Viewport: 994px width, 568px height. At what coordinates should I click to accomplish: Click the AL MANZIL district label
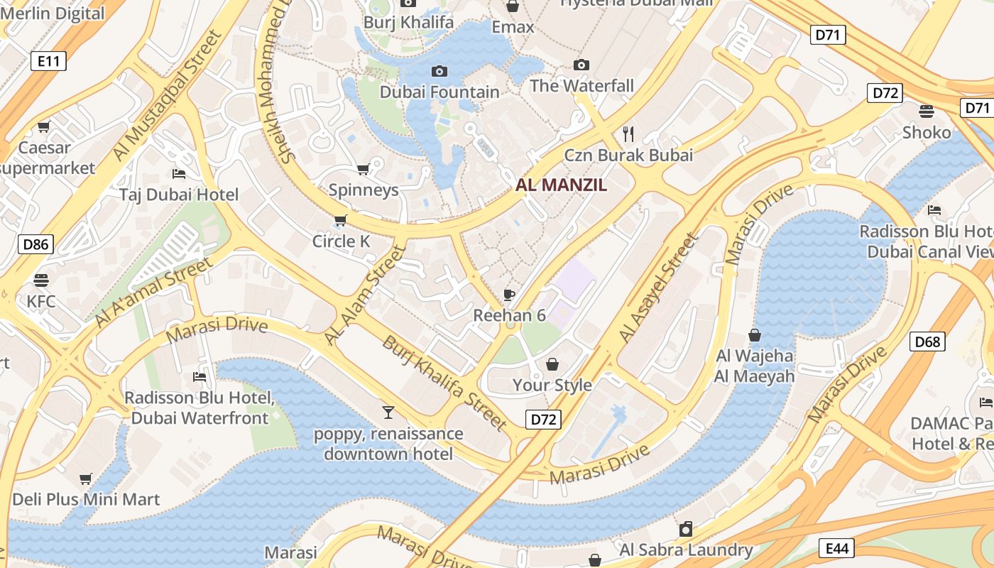(561, 185)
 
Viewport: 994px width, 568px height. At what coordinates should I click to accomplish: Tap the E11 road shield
(49, 61)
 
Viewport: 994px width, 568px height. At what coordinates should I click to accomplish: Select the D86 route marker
(35, 245)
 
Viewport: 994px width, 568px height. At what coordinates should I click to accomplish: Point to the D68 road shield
(927, 342)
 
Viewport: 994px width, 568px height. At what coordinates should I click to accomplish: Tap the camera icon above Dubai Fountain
(439, 71)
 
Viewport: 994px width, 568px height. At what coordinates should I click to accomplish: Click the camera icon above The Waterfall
(581, 65)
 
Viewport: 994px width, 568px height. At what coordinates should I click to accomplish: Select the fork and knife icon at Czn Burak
(628, 133)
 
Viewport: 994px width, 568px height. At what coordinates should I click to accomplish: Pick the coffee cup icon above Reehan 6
(508, 295)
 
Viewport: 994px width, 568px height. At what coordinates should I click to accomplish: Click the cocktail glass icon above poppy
(388, 413)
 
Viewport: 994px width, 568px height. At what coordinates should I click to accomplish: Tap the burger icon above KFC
(40, 280)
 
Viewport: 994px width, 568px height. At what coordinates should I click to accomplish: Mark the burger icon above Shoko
(926, 111)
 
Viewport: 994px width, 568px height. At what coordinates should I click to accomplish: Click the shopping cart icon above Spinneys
(363, 169)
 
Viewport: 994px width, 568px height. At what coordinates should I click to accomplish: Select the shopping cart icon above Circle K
(340, 221)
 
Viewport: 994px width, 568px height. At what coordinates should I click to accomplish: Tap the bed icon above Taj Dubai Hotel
(179, 174)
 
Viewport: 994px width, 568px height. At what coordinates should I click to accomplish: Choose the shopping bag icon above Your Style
(552, 364)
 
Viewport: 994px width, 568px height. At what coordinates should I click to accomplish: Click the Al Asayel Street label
(658, 288)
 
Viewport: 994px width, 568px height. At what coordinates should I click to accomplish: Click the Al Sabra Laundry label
(686, 550)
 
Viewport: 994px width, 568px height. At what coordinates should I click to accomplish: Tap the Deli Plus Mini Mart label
(86, 499)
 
